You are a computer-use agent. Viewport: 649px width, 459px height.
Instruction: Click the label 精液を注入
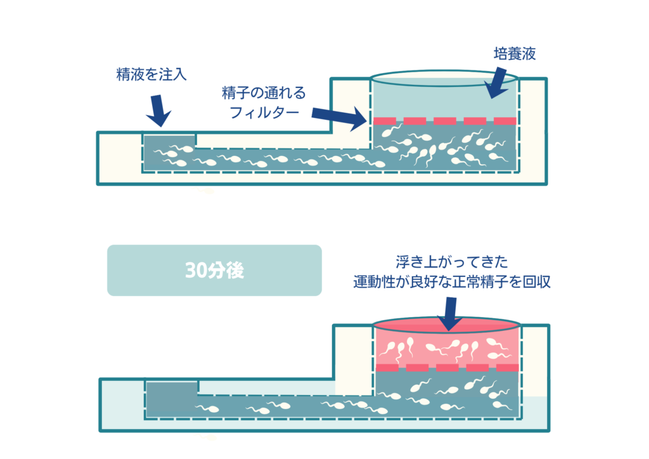[x=151, y=75]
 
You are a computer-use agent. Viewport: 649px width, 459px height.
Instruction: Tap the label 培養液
[x=515, y=53]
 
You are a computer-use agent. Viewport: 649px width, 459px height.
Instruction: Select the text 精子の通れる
[x=264, y=93]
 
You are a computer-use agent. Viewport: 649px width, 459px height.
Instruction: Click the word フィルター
[x=264, y=112]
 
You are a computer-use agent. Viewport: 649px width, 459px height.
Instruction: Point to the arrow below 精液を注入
[x=158, y=110]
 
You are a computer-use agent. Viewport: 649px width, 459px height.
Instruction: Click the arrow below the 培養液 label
[x=496, y=83]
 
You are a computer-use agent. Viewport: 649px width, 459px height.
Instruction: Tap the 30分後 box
[x=214, y=270]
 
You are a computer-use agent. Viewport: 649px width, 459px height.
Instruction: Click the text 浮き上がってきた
[x=451, y=262]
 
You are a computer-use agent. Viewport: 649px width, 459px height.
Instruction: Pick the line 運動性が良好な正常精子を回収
[x=451, y=282]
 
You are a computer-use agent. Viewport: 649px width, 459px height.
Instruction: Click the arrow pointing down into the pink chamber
[x=450, y=314]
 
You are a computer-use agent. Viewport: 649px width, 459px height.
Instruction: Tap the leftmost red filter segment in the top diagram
[x=385, y=121]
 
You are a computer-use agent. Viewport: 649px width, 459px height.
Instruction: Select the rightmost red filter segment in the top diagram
[x=505, y=121]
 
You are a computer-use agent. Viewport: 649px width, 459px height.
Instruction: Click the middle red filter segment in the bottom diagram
[x=447, y=368]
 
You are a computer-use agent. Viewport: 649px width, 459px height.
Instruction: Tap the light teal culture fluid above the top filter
[x=445, y=101]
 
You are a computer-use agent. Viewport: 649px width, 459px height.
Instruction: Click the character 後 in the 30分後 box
[x=235, y=271]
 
